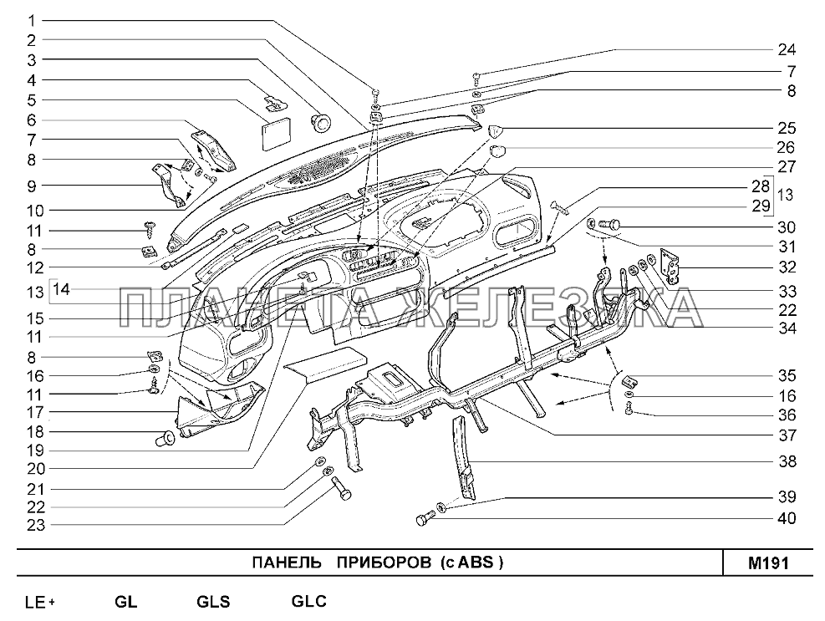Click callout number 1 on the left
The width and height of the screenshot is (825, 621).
pyautogui.click(x=31, y=19)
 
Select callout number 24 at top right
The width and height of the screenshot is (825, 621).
pyautogui.click(x=786, y=48)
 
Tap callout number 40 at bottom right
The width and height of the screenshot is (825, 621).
pyautogui.click(x=786, y=518)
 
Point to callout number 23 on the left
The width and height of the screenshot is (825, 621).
pyautogui.click(x=31, y=525)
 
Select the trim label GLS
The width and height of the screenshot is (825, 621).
pyautogui.click(x=213, y=601)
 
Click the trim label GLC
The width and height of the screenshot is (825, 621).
pyautogui.click(x=308, y=600)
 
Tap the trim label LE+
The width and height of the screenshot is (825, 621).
pyautogui.click(x=40, y=601)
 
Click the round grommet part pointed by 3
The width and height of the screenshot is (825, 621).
pyautogui.click(x=321, y=122)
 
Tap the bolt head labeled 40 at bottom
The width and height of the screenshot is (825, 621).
pyautogui.click(x=422, y=521)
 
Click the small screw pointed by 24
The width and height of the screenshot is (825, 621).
pyautogui.click(x=476, y=76)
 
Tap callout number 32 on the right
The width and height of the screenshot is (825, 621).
pyautogui.click(x=786, y=267)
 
